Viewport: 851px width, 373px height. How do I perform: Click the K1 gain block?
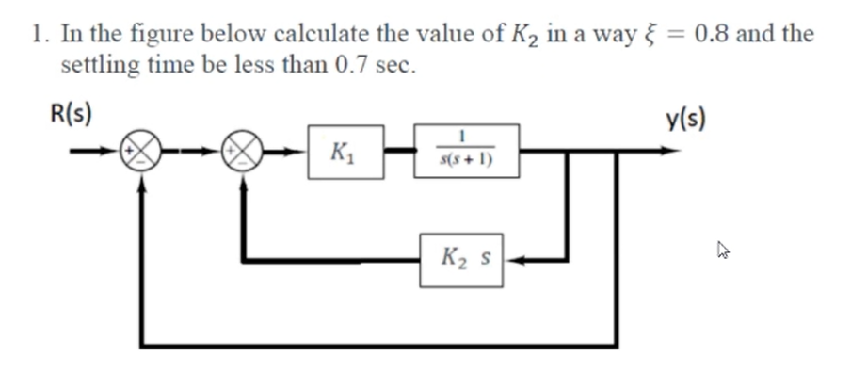click(x=345, y=151)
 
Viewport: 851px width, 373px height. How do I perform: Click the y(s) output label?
click(x=688, y=119)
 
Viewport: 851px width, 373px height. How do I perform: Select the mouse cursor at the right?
click(x=723, y=251)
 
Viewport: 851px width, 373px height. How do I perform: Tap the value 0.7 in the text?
click(x=353, y=66)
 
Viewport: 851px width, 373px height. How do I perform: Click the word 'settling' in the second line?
click(x=98, y=66)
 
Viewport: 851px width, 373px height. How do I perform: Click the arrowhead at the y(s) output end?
click(x=670, y=151)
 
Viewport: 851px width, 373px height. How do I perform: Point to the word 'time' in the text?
click(x=171, y=66)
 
